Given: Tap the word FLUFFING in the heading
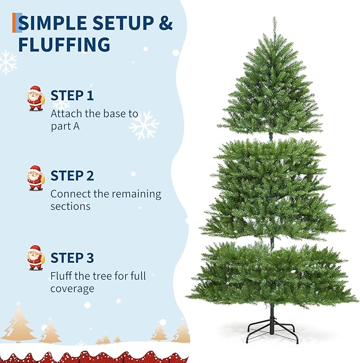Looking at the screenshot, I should click(64, 45).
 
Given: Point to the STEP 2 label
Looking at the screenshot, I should click(72, 176).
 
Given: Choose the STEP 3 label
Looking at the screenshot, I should click(72, 258).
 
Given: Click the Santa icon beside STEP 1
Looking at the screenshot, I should click(36, 98).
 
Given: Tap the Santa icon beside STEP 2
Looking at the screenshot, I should click(36, 178).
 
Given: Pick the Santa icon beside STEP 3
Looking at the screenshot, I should click(36, 258).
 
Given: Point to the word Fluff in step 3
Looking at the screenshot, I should click(62, 276).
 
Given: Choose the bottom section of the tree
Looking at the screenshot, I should click(271, 273).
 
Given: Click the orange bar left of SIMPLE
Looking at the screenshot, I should click(15, 23).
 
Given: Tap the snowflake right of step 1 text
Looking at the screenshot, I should click(144, 126).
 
